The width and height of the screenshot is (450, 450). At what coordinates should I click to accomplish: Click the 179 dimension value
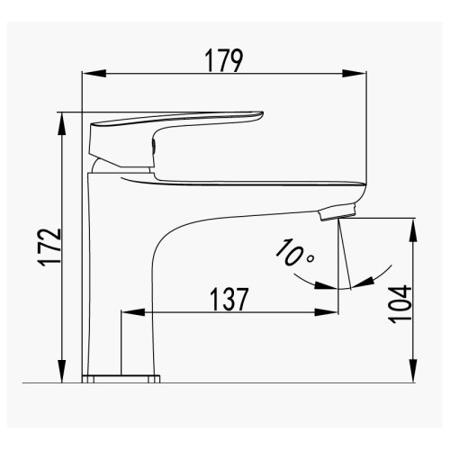[223, 61]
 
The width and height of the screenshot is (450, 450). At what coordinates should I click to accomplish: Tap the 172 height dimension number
[50, 247]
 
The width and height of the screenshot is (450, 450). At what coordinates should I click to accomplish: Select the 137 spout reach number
[229, 299]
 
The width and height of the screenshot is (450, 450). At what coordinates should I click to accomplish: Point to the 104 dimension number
[400, 304]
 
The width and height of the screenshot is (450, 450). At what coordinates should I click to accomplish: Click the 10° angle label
[294, 253]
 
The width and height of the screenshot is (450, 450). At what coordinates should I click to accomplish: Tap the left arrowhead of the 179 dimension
[94, 74]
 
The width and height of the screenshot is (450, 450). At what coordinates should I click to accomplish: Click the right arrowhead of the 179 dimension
[355, 74]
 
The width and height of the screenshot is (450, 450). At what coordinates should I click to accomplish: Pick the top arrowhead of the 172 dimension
[62, 124]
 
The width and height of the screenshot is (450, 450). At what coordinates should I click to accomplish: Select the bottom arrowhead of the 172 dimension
[62, 371]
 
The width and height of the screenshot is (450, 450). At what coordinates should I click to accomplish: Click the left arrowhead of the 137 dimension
[133, 312]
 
